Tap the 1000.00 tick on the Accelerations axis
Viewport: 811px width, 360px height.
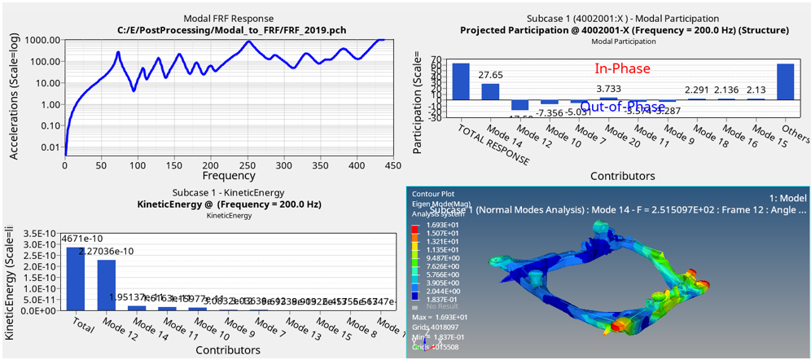click(41, 40)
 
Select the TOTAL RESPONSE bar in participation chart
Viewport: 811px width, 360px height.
click(461, 81)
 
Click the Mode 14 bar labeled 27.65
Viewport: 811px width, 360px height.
click(490, 91)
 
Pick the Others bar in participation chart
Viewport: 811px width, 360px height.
click(785, 81)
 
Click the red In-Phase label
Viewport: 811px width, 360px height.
click(623, 70)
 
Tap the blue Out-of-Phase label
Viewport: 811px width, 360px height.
click(623, 106)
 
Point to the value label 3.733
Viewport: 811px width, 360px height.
click(609, 89)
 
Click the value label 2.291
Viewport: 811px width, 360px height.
click(698, 90)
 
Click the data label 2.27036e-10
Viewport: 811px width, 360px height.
click(106, 251)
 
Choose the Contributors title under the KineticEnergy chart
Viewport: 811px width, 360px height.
click(228, 350)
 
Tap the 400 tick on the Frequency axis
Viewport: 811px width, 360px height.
click(356, 165)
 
